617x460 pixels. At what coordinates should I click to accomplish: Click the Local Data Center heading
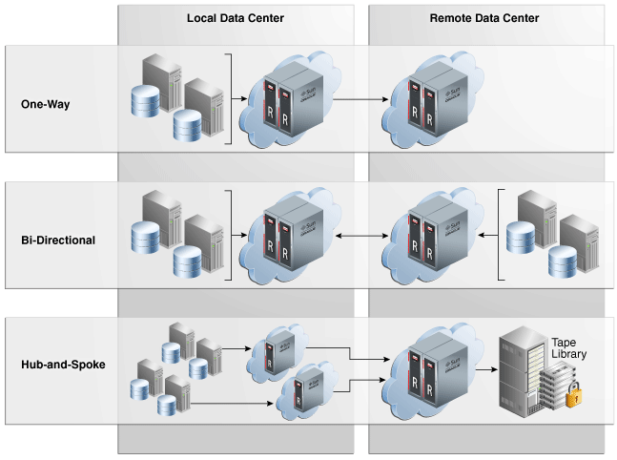[x=235, y=18]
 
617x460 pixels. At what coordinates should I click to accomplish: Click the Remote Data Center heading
[x=484, y=18]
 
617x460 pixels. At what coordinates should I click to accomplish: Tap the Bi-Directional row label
[x=58, y=240]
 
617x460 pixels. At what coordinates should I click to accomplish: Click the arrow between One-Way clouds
[x=364, y=98]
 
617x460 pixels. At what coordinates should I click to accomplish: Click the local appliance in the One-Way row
[x=293, y=100]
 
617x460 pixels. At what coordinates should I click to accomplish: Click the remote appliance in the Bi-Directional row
[x=426, y=235]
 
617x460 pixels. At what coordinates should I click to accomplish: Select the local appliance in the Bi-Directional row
[x=293, y=235]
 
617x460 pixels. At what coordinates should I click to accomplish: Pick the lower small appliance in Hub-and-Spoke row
[x=306, y=389]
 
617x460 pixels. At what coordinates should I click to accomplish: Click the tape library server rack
[x=523, y=370]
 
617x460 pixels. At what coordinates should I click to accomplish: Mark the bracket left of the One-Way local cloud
[x=230, y=99]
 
